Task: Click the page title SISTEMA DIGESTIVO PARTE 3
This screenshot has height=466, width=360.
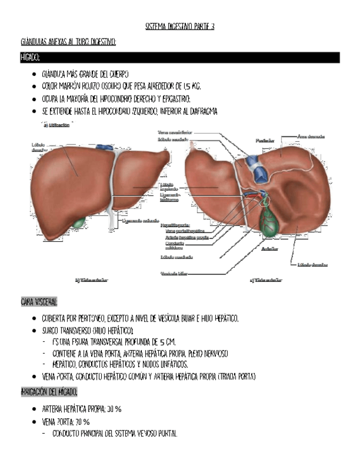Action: coord(180,26)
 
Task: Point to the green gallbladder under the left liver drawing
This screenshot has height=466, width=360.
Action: coord(80,223)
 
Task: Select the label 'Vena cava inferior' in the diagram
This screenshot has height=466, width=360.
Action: coord(175,132)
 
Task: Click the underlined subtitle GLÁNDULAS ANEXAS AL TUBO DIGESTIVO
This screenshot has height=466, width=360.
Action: coord(68,42)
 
